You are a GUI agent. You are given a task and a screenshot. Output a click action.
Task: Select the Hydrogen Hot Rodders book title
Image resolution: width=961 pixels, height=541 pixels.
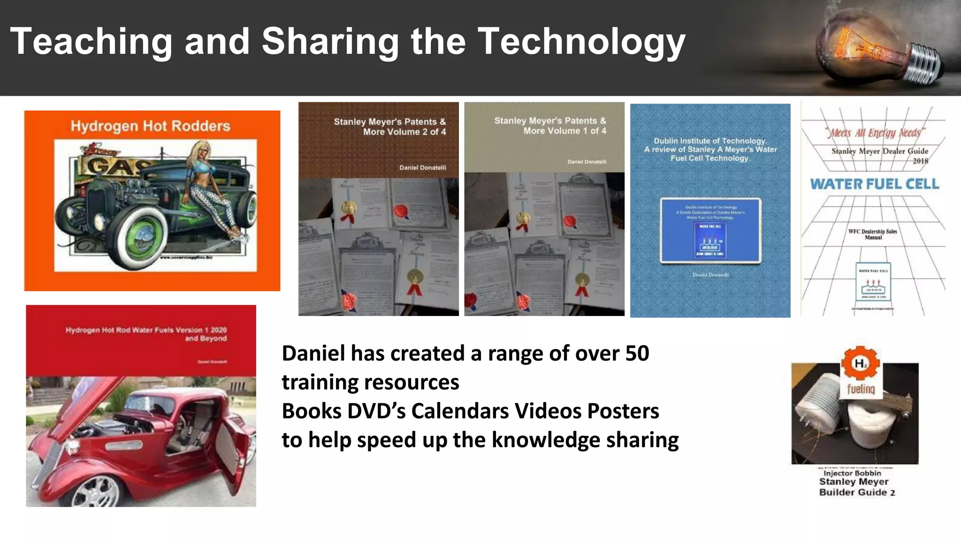point(150,126)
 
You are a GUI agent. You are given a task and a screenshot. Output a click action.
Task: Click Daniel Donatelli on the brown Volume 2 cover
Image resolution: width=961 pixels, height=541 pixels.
point(422,168)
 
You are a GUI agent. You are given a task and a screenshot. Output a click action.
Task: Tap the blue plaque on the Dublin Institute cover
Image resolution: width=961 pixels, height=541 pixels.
point(710,230)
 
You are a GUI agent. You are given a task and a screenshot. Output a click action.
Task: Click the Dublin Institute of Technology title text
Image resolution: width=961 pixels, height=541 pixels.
point(710,141)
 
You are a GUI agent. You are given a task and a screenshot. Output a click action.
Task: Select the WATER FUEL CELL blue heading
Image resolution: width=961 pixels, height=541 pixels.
point(874,184)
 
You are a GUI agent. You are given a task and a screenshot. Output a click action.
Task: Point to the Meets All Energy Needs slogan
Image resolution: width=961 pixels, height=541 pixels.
point(875,133)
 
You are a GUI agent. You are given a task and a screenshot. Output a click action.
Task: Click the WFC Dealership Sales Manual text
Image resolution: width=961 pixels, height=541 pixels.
point(873,234)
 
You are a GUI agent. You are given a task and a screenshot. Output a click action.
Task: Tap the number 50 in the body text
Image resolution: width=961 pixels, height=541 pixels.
point(637,353)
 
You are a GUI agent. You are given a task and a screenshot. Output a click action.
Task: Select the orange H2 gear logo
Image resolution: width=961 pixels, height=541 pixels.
point(860,363)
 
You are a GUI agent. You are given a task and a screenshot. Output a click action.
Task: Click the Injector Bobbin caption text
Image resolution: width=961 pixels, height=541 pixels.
point(852,473)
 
